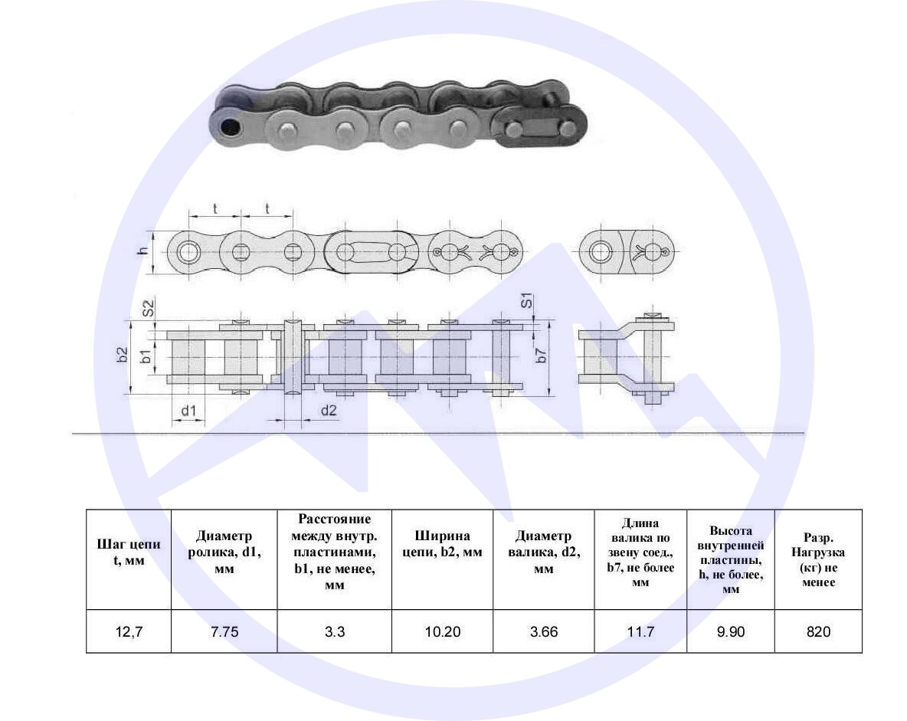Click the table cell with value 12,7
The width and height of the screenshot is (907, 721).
tap(129, 631)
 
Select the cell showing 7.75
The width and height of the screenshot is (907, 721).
tap(224, 631)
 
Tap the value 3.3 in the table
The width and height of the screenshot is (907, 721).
tap(334, 631)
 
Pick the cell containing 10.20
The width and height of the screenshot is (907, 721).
tap(443, 631)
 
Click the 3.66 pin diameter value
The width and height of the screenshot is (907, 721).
tap(544, 631)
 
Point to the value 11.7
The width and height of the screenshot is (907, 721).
tap(640, 631)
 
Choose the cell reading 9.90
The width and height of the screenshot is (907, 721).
tap(731, 631)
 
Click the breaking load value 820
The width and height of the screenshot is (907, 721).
tap(818, 631)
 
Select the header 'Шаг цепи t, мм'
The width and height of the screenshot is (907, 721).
tap(129, 552)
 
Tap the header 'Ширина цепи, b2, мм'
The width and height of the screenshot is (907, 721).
tap(443, 544)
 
